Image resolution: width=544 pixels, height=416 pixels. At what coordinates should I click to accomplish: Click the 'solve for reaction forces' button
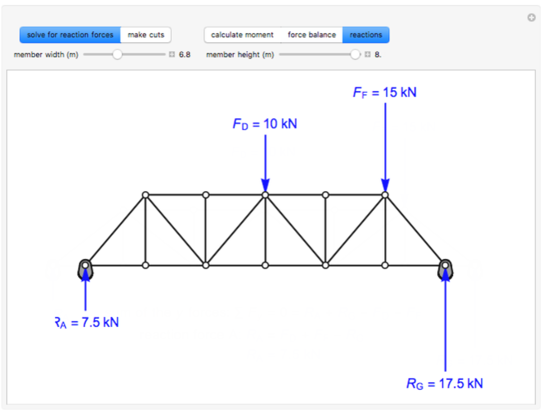click(x=70, y=35)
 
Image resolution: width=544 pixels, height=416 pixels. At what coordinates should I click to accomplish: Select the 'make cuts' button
click(x=146, y=35)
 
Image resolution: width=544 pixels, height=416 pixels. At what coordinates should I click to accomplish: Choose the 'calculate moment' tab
click(x=242, y=35)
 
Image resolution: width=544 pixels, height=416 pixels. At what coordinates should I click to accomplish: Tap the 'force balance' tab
click(x=311, y=35)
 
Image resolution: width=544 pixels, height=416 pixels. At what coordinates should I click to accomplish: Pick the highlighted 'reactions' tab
click(x=366, y=35)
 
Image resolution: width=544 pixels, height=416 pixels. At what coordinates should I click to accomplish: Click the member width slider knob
click(x=117, y=55)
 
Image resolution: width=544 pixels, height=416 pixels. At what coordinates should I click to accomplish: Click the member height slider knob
click(x=355, y=55)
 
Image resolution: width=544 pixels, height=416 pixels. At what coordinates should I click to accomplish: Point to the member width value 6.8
click(x=184, y=55)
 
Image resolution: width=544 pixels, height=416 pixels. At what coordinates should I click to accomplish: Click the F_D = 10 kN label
click(x=265, y=124)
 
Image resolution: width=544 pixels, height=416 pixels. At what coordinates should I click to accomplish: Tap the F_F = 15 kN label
click(x=385, y=92)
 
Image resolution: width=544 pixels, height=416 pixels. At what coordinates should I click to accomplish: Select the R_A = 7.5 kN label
click(x=86, y=323)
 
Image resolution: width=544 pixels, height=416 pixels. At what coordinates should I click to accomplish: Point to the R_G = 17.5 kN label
click(x=445, y=383)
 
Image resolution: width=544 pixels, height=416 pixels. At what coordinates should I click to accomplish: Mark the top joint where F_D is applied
click(x=265, y=195)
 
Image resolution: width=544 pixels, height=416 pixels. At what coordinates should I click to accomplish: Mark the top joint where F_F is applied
click(x=385, y=195)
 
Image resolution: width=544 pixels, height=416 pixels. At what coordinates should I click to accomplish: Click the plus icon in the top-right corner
click(x=531, y=18)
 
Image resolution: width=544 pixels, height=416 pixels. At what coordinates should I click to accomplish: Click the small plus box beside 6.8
click(x=172, y=55)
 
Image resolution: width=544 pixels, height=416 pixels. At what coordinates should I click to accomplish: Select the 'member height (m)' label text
click(x=240, y=55)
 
